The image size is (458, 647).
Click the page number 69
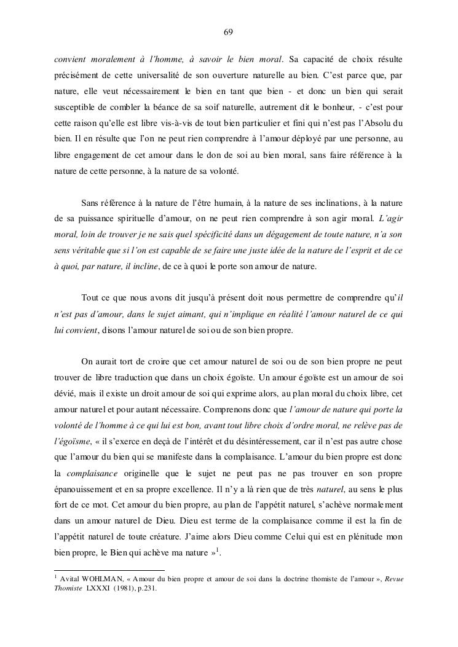tap(228, 32)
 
